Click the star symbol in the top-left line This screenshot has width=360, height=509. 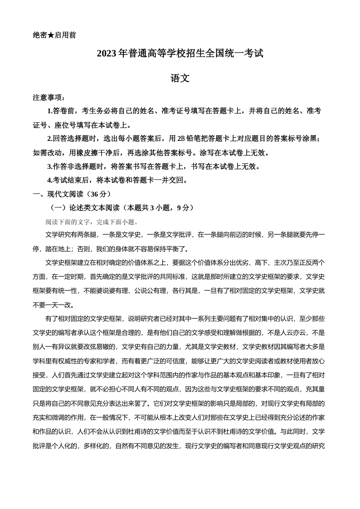click(x=51, y=35)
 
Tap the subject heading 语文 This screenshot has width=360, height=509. click(x=180, y=78)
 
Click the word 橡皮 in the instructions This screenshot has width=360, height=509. click(x=79, y=153)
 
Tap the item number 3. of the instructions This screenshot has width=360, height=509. click(x=50, y=166)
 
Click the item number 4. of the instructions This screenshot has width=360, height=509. click(x=50, y=180)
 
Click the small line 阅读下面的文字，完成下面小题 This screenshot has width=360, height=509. click(x=92, y=222)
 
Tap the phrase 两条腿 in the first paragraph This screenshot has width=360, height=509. click(x=86, y=235)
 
